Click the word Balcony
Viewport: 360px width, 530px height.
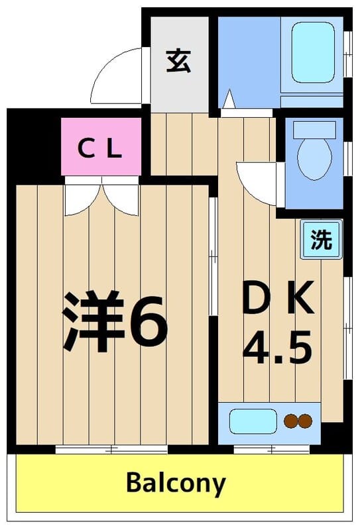176,484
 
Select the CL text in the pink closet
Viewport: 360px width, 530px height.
101,148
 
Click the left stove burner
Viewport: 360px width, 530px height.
290,421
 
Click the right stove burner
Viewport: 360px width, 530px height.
304,421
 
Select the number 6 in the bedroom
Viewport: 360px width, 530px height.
148,321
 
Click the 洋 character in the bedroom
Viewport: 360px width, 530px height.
93,321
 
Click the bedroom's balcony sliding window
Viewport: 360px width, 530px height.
111,449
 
